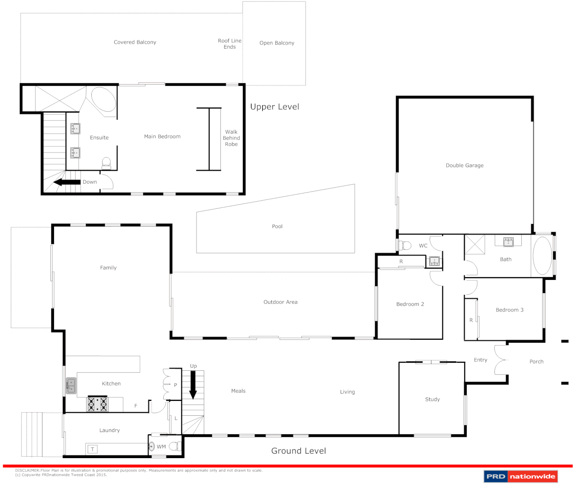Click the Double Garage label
[464, 165]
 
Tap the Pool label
[277, 226]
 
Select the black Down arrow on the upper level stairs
[67, 182]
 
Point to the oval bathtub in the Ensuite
[103, 99]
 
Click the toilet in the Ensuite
[107, 162]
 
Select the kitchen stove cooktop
[98, 404]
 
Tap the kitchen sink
[71, 386]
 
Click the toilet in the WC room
[406, 245]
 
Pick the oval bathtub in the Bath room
[542, 255]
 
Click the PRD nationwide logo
[520, 476]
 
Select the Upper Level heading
[274, 107]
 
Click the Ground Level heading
[298, 451]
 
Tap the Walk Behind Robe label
[231, 138]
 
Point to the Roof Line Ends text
[229, 44]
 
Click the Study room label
[432, 399]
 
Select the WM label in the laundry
[161, 447]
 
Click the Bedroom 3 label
[509, 310]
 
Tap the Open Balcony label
[277, 43]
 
